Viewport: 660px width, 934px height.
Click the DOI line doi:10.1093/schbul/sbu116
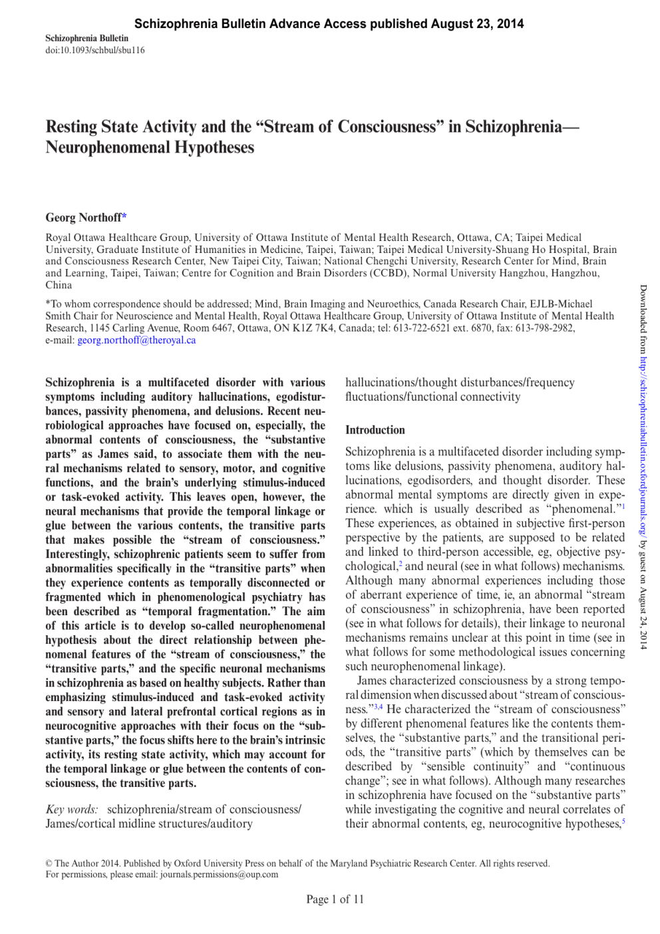95,50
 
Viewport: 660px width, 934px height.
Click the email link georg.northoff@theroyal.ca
136,340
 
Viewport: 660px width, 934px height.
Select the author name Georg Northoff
83,218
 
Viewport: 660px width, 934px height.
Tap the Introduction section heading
375,430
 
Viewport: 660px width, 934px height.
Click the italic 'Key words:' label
72,810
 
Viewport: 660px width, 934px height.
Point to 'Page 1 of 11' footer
335,899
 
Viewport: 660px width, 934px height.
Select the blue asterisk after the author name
124,217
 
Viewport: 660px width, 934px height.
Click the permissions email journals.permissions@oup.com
219,875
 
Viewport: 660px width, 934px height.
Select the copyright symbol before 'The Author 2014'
49,863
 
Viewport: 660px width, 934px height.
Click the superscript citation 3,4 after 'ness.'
378,707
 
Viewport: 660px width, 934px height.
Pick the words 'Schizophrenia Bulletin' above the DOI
86,39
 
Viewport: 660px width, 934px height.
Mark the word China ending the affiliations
59,286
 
